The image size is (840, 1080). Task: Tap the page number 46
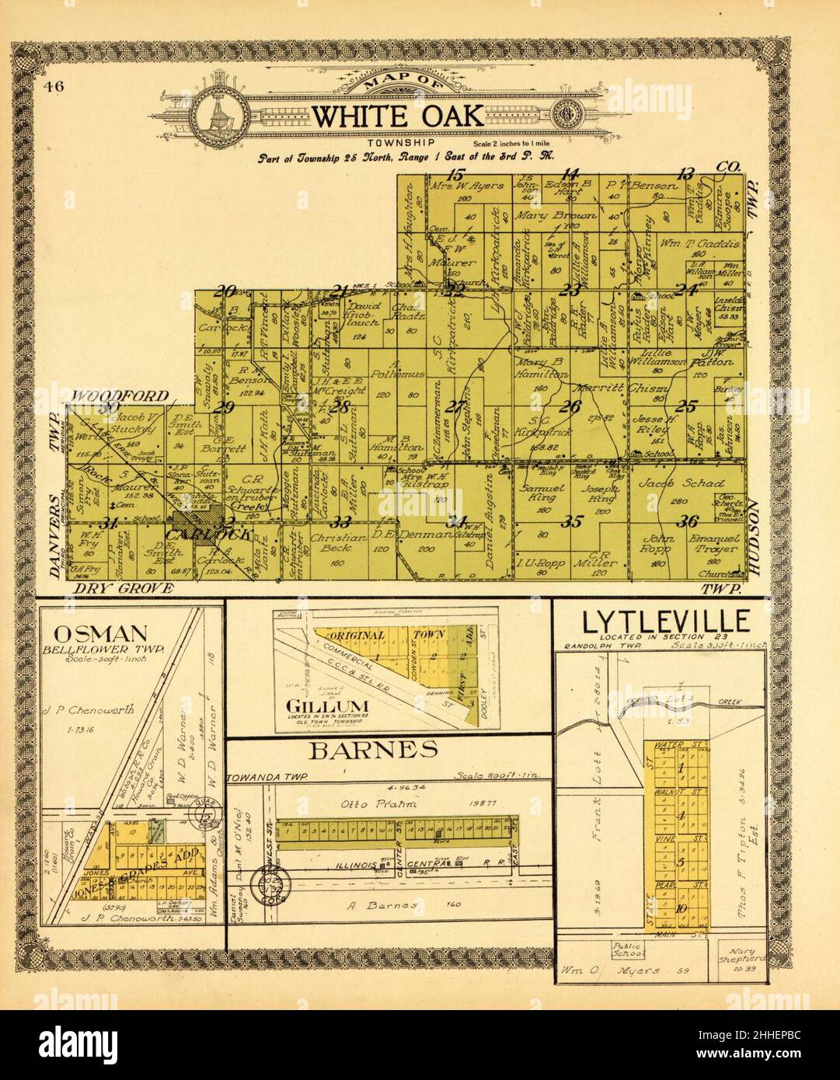pyautogui.click(x=54, y=85)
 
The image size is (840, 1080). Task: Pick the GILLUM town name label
pyautogui.click(x=315, y=706)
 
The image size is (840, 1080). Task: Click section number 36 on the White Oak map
pyautogui.click(x=687, y=521)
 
